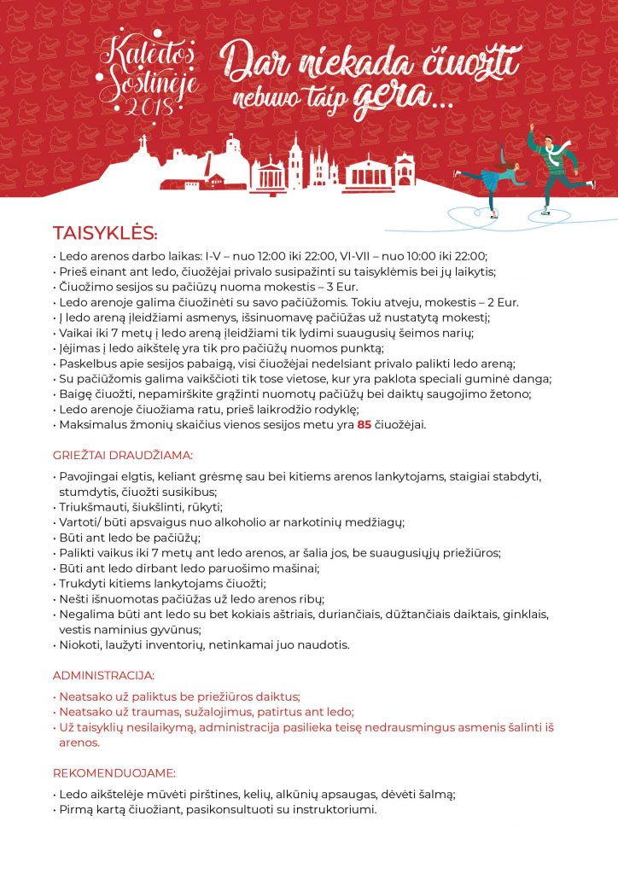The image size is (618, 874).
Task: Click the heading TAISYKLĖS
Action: pyautogui.click(x=105, y=233)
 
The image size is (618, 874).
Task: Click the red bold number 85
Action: pyautogui.click(x=364, y=424)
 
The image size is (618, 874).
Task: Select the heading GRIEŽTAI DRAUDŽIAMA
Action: pyautogui.click(x=123, y=455)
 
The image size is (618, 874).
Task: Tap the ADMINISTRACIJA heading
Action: pyautogui.click(x=103, y=674)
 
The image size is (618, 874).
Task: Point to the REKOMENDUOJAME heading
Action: pyautogui.click(x=114, y=773)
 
